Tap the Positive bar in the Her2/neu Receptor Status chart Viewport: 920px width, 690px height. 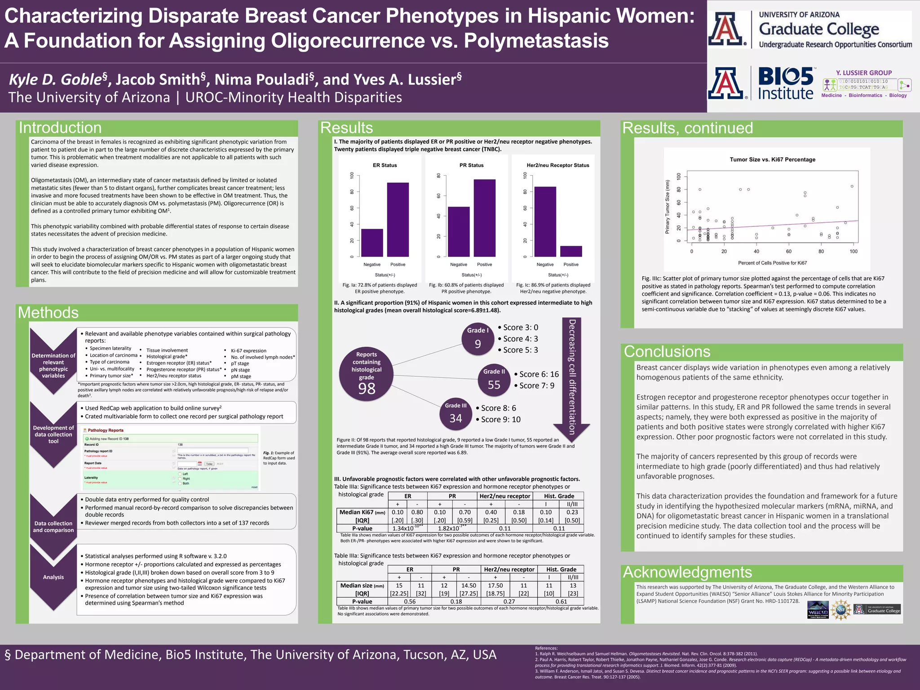coord(571,252)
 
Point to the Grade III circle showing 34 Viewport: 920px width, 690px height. coord(456,413)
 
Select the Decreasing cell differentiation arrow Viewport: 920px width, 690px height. coord(571,377)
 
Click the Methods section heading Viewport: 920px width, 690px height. coord(48,313)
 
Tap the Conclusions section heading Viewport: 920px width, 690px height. coord(667,352)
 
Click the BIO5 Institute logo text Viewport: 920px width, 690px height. coord(785,84)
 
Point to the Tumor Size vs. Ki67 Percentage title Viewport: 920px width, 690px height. coord(772,159)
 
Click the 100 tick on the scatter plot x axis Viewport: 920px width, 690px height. coord(853,252)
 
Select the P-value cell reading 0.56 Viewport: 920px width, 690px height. coord(409,602)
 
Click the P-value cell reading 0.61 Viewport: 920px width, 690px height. coord(561,602)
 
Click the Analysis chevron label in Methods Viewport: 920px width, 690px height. coord(53,577)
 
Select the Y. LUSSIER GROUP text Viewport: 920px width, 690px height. coord(863,73)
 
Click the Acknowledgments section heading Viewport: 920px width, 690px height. coord(687,572)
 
